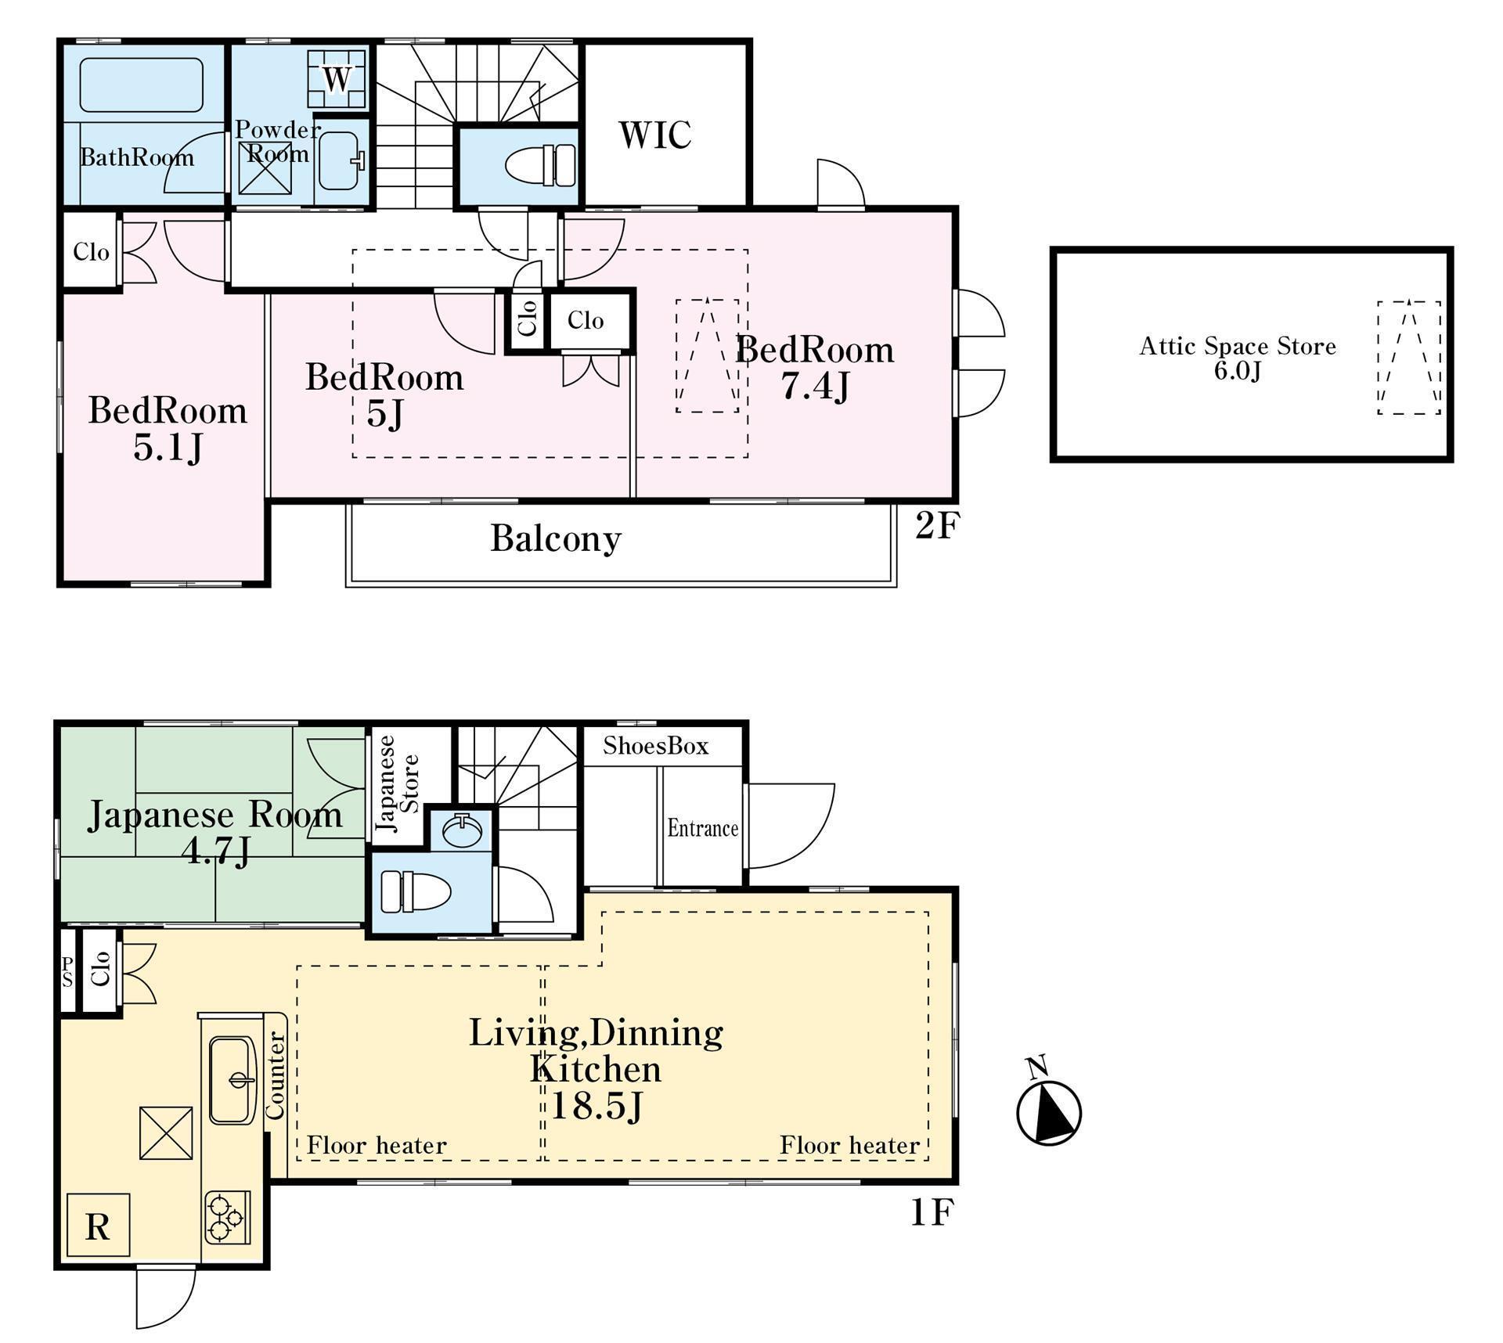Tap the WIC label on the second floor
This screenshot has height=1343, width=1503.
655,135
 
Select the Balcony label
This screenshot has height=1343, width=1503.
556,538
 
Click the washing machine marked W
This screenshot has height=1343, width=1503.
337,78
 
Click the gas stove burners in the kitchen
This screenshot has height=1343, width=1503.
227,1217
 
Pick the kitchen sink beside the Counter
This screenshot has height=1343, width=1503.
232,1080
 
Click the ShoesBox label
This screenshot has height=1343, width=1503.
656,746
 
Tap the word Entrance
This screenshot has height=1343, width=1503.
703,828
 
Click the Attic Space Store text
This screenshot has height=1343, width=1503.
1238,346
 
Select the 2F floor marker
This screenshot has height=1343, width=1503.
937,526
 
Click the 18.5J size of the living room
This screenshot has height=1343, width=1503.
597,1107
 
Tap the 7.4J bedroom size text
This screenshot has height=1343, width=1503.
815,387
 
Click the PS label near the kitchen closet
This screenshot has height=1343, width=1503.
68,971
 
